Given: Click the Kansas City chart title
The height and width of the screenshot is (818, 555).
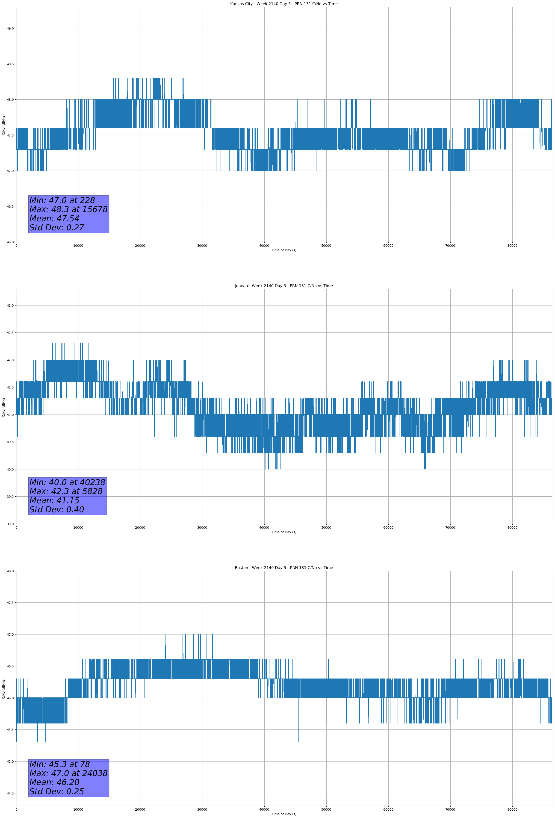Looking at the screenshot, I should click(284, 4).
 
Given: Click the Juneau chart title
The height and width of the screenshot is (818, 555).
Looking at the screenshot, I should click(284, 286).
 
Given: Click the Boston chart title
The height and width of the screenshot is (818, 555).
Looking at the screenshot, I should click(284, 568).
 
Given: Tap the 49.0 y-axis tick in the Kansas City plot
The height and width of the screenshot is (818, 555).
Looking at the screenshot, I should click(10, 29).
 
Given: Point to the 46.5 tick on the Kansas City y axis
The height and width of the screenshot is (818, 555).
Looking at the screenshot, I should click(10, 207).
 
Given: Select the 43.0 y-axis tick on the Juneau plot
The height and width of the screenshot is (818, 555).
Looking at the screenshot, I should click(10, 305).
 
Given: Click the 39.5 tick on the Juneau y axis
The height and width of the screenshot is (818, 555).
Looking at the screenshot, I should click(10, 497).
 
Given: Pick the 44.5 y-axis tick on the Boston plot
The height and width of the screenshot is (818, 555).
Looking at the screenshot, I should click(10, 793).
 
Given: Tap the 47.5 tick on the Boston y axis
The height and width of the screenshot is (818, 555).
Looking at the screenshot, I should click(10, 603).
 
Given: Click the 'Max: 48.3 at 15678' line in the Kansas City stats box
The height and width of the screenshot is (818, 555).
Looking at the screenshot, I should click(68, 209).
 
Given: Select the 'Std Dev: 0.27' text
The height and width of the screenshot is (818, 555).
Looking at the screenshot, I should click(57, 228).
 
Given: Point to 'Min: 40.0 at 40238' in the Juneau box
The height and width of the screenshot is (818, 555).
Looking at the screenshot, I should click(67, 482).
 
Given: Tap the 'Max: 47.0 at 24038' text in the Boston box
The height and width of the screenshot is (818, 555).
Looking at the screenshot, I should click(68, 773).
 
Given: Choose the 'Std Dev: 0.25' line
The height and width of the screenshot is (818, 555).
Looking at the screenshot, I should click(57, 791).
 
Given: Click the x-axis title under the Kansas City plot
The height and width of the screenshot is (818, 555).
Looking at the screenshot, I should click(284, 250).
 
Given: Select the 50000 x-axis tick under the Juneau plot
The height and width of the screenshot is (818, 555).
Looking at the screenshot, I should click(326, 527).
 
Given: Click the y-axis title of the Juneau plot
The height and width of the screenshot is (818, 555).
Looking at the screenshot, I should click(3, 406).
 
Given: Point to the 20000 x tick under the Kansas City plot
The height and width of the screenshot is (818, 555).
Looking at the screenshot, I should click(140, 246).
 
